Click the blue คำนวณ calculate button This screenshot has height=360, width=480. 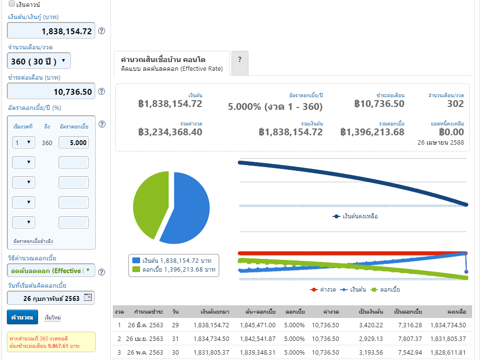22,317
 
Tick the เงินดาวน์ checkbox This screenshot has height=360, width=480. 12,4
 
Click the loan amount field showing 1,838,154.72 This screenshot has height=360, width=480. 51,31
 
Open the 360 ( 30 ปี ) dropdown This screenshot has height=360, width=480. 39,61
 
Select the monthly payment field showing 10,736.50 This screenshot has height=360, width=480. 51,91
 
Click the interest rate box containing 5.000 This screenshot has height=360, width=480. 74,143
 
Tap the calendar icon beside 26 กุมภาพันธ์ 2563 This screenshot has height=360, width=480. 88,297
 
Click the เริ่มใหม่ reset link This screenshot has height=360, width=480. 53,318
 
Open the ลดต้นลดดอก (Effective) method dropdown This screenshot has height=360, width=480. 51,271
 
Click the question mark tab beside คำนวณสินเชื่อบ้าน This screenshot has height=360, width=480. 240,63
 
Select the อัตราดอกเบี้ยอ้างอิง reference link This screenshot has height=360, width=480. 33,241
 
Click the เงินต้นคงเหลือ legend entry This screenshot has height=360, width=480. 355,216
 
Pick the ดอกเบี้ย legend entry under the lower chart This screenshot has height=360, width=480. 385,290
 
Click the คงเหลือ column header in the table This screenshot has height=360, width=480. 457,312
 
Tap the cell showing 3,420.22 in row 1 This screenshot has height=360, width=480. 371,325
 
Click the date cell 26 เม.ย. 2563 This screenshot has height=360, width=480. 145,339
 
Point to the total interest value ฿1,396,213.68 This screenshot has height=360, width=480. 372,132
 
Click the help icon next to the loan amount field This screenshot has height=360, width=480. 102,31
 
